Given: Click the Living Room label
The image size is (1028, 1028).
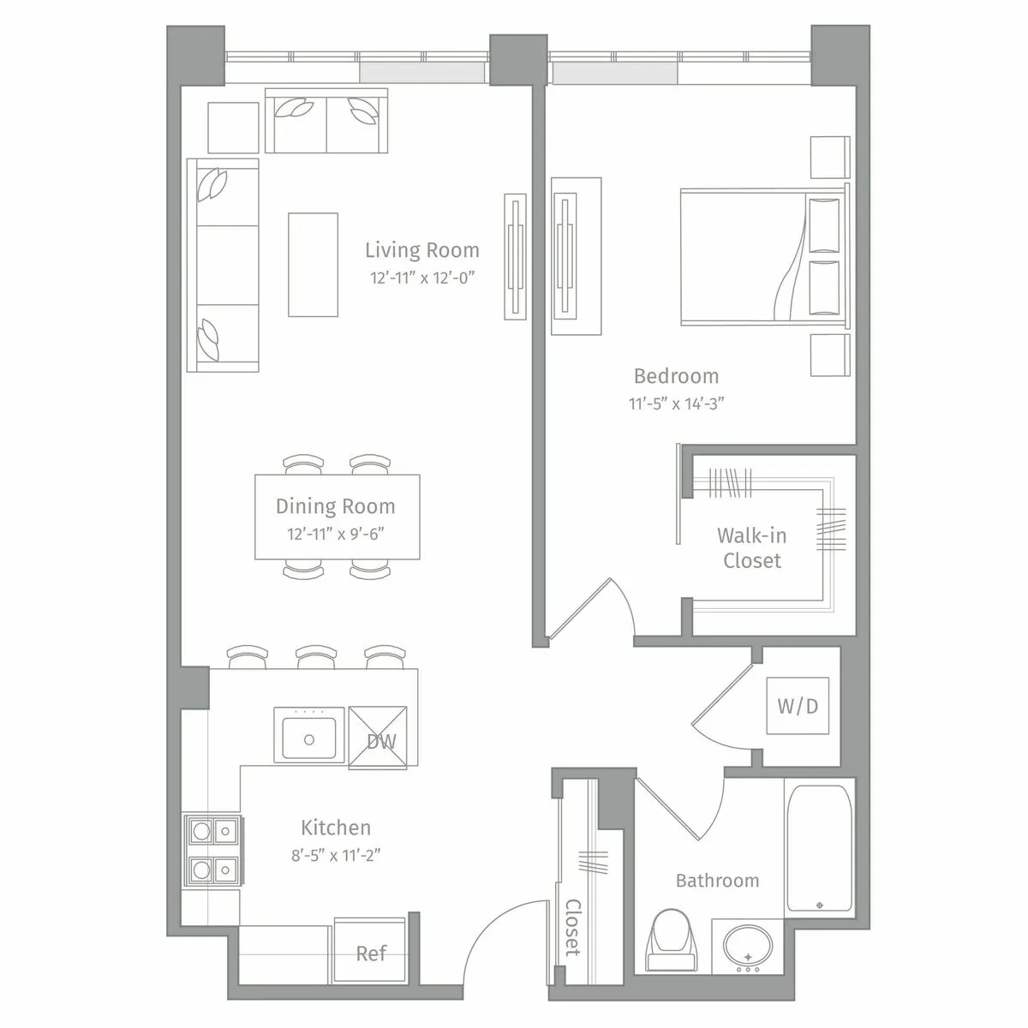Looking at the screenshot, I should point(421,250).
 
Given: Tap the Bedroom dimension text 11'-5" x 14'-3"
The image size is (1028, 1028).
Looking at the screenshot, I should point(677,404).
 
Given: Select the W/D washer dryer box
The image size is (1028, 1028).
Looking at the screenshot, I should point(798,706).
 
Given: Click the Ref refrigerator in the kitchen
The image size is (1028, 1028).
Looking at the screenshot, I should point(370,953).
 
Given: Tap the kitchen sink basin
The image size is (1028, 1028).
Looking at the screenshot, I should point(308,736).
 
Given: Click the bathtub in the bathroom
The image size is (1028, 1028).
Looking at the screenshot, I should point(819,846).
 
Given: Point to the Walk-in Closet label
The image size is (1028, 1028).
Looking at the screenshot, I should point(751,548).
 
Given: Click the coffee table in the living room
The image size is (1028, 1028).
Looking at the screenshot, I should point(313,265).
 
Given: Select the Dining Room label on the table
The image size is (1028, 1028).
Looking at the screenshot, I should point(336,506).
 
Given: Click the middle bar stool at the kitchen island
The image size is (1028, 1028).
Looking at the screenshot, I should point(316,657).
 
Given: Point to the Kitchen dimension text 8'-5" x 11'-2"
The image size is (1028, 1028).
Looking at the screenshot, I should point(336,854).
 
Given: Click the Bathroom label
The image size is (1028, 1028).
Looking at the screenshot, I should point(717,881).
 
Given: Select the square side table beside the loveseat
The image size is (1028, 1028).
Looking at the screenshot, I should point(233,128).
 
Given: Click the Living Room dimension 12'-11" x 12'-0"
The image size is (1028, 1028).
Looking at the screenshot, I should point(421,278).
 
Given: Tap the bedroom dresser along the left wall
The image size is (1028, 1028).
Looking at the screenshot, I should point(576,257).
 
